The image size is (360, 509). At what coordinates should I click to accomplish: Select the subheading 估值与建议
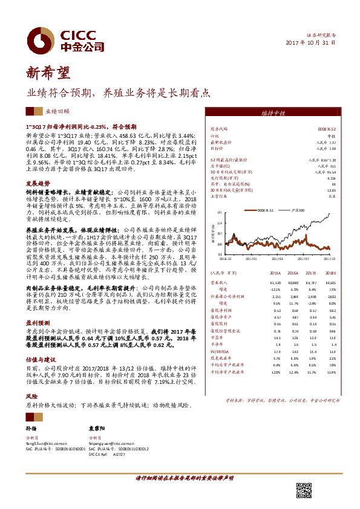38,358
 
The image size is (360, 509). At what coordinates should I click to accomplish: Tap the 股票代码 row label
218,129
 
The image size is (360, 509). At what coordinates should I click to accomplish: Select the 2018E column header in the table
330,273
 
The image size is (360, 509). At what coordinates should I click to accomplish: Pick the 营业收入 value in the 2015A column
275,282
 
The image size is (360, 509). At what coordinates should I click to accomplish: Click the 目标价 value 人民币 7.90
326,148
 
